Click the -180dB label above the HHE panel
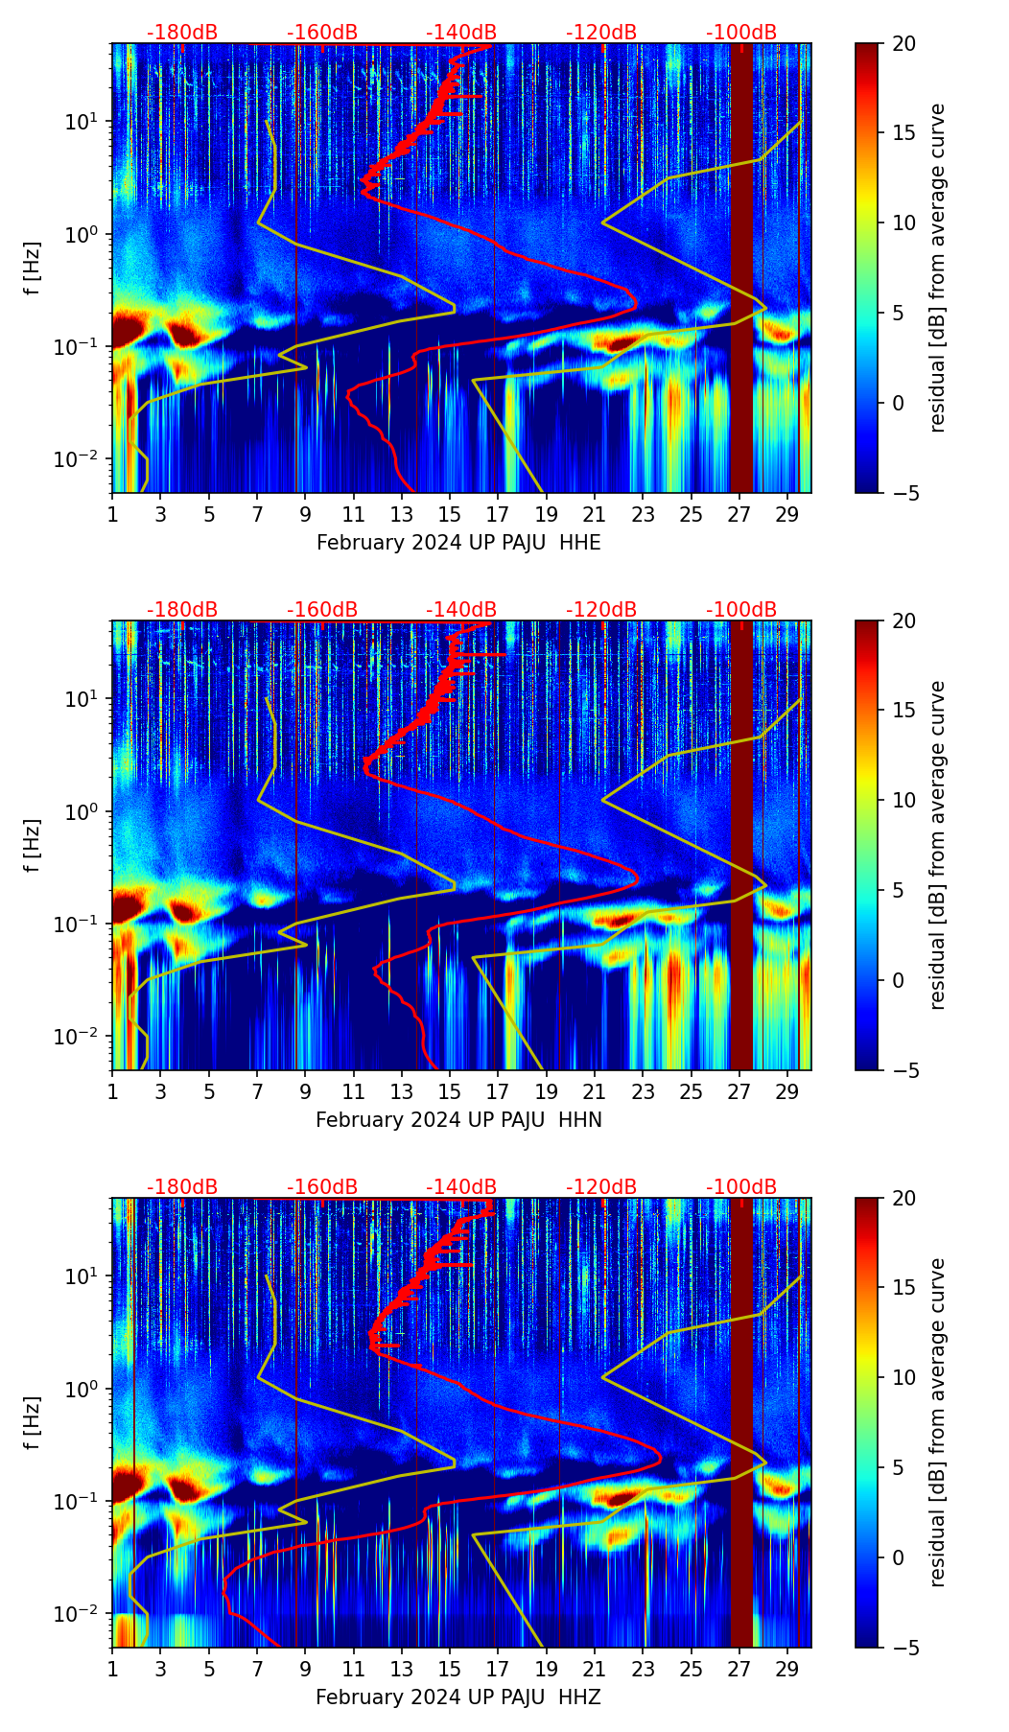(182, 33)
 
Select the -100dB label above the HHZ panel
(741, 1187)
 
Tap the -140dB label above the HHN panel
(461, 610)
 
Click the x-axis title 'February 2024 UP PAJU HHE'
(458, 543)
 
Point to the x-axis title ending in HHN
(458, 1120)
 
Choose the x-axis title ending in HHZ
(458, 1697)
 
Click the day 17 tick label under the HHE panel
(498, 514)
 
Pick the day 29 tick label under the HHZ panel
(787, 1669)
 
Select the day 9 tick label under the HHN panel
(305, 1091)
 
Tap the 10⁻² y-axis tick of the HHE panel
(83, 459)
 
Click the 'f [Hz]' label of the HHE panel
(33, 269)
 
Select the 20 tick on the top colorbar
(903, 44)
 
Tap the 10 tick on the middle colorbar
(903, 800)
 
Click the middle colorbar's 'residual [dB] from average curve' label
(937, 845)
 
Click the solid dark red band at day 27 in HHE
(741, 269)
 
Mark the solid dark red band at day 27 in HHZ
(741, 1423)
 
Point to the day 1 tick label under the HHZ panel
(112, 1669)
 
